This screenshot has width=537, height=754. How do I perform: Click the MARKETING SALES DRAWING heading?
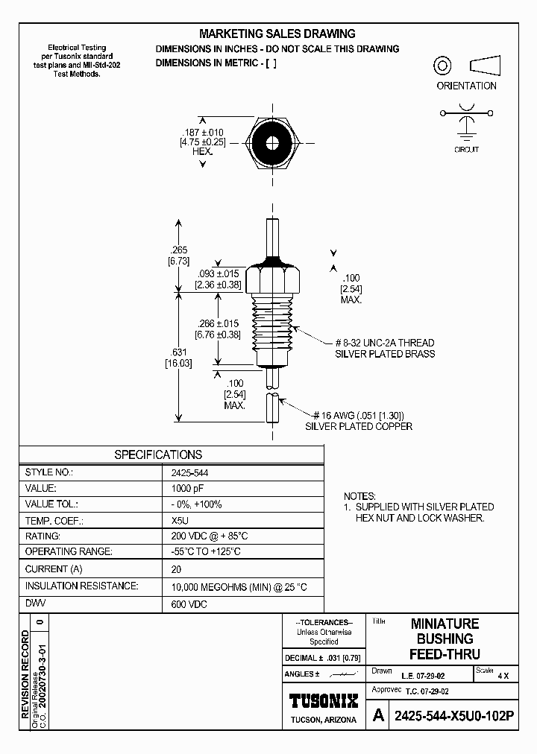pos(277,34)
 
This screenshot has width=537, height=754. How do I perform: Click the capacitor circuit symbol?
pos(466,120)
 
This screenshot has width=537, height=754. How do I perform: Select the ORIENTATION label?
pos(466,86)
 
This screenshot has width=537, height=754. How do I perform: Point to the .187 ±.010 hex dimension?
pos(201,133)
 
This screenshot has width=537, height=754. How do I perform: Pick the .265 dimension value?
pos(178,250)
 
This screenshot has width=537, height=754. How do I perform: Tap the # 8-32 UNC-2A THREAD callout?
pos(384,343)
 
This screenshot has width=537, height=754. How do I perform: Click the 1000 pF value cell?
pos(186,488)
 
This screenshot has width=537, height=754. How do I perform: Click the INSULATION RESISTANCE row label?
pos(81,586)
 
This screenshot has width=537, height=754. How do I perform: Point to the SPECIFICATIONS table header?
pos(157,454)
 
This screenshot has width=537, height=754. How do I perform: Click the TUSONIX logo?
pos(324,701)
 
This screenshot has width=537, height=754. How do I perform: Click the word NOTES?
pos(361,495)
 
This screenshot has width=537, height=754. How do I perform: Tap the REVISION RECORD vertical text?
pos(25,674)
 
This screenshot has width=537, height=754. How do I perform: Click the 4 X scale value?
pos(503,676)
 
